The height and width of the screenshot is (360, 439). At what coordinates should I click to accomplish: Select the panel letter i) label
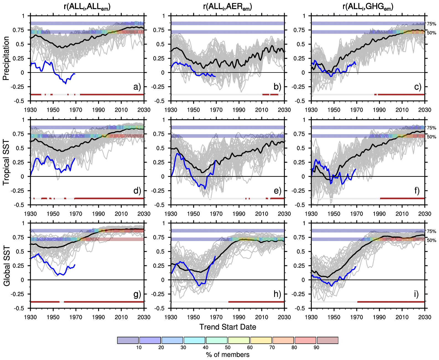coord(416,294)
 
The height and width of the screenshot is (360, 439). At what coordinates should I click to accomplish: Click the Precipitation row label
coord(6,58)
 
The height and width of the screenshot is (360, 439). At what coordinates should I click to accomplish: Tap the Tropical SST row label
coord(6,162)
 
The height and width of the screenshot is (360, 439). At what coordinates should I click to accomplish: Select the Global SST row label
coord(6,266)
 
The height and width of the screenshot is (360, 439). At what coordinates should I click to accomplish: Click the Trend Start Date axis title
coord(228,327)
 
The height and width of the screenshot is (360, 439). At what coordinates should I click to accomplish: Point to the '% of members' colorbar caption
coord(228,355)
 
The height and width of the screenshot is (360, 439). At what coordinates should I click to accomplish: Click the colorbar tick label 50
coord(228,348)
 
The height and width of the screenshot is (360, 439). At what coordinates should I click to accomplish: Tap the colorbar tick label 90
coord(316,348)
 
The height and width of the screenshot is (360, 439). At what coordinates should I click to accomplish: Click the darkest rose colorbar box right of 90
coord(328,340)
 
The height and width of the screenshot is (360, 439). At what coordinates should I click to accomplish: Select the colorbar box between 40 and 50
coord(217,340)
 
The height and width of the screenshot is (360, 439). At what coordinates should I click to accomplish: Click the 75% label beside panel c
coord(431,24)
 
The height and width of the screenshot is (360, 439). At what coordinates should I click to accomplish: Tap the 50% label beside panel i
coord(431,240)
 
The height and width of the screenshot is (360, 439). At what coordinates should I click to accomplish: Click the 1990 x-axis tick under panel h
coord(239,317)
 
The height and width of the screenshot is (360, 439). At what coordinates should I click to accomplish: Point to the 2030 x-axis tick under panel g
coord(144,317)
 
